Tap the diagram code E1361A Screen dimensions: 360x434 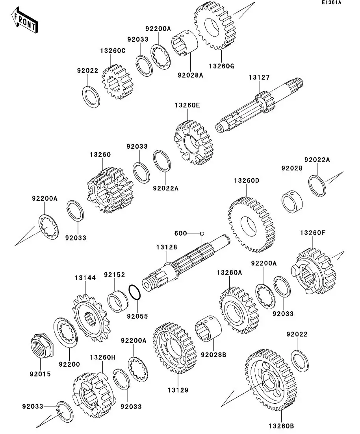(x=332, y=2)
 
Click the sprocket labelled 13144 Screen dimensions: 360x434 (x=91, y=318)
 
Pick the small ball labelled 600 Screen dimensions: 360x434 (x=202, y=233)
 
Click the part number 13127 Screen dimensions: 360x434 (x=259, y=77)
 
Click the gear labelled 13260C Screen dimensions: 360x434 (x=117, y=82)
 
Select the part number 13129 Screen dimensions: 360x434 (x=178, y=390)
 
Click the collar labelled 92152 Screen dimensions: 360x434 (x=118, y=301)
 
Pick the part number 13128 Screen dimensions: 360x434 (x=167, y=247)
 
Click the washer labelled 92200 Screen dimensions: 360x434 (x=65, y=332)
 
